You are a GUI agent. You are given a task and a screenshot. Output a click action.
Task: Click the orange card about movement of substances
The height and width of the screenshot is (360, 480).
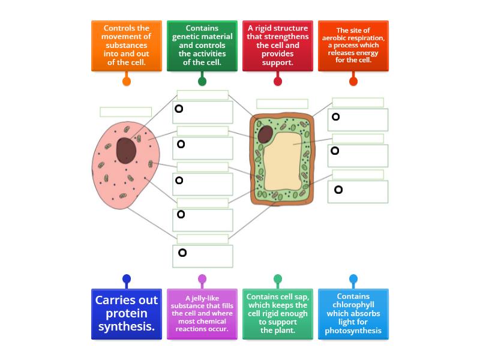tap(127, 46)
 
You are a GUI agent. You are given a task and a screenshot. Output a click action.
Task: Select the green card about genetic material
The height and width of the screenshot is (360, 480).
tap(202, 46)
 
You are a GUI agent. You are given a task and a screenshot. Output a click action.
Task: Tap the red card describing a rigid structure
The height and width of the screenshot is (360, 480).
tap(278, 46)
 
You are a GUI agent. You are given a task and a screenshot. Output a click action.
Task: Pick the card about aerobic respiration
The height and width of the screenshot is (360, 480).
tap(353, 46)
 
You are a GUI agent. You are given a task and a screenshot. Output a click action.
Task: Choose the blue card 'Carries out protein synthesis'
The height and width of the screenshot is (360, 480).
tap(127, 314)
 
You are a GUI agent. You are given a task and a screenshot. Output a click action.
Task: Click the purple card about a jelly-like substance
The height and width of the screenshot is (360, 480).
tap(202, 314)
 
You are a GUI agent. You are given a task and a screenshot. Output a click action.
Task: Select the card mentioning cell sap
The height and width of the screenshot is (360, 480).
tap(278, 314)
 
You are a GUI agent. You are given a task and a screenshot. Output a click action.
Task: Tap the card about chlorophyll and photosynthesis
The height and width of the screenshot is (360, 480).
tap(353, 314)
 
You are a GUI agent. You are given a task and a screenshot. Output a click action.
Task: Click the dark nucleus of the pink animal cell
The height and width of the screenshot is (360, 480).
tap(126, 151)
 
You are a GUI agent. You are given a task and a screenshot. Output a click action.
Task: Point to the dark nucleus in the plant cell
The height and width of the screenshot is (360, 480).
tap(265, 134)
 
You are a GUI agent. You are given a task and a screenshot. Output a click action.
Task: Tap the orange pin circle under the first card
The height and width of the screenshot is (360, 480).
tap(127, 81)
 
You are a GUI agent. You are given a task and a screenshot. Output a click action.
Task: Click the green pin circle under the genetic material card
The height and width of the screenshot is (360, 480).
tap(202, 81)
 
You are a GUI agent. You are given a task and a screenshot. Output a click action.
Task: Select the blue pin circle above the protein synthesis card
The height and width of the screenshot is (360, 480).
tap(127, 278)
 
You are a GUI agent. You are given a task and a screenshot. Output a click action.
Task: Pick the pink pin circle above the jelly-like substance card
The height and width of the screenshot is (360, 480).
tap(202, 278)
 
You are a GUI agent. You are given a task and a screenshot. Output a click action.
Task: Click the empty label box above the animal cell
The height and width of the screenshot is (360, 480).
tap(126, 112)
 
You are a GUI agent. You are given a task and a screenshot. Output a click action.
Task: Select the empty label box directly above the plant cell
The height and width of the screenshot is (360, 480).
tap(282, 104)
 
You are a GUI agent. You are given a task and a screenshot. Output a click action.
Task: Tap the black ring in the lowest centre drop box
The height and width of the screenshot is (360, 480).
tap(182, 253)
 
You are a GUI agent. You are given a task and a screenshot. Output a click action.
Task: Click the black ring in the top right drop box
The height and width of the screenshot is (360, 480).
tap(336, 116)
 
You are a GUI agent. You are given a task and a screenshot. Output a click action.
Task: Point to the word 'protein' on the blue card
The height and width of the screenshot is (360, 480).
tap(127, 313)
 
